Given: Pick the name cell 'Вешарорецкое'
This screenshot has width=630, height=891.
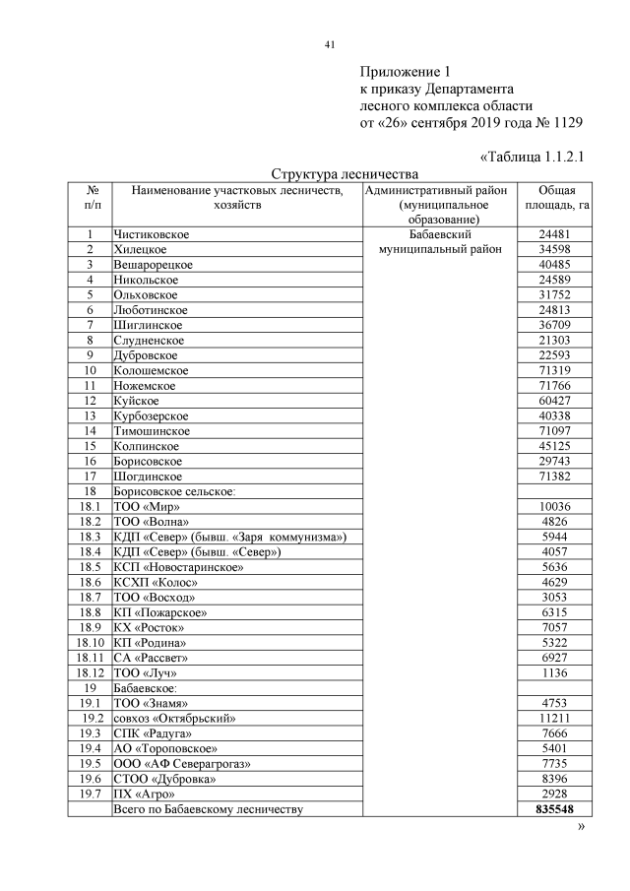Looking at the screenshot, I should (154, 264).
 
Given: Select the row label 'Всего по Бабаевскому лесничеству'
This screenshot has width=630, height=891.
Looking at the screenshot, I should (210, 809).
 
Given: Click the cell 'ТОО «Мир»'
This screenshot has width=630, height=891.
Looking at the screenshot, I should (146, 506).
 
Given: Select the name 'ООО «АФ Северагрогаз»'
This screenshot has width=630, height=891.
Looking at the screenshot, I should (183, 764).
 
